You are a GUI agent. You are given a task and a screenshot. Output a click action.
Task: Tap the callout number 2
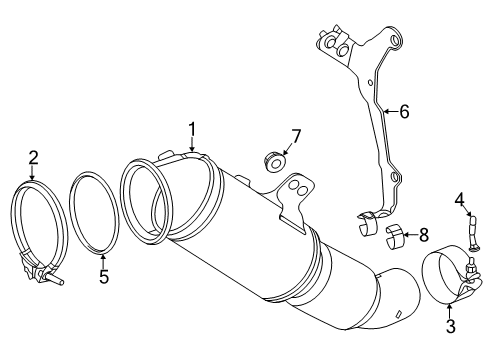click(x=33, y=156)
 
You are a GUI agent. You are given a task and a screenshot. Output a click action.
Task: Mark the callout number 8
click(x=424, y=235)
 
